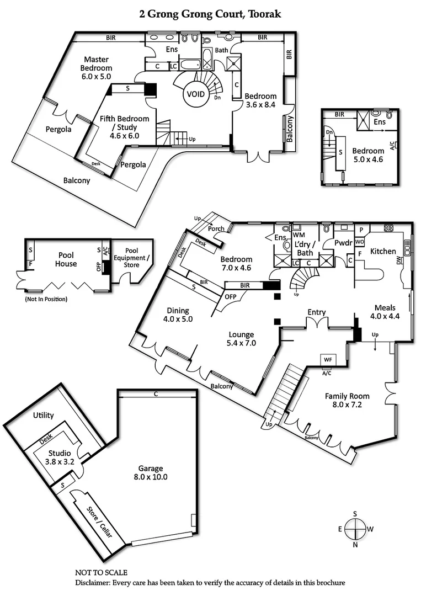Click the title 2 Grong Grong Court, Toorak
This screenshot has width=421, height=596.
(210, 14)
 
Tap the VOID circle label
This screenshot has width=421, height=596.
(195, 94)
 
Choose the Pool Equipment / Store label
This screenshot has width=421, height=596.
(131, 258)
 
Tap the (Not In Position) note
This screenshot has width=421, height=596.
(46, 299)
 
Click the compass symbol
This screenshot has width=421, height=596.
(355, 529)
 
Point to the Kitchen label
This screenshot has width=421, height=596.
(382, 251)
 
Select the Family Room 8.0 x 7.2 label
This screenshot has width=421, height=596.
(347, 401)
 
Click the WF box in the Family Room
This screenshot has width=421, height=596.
(328, 359)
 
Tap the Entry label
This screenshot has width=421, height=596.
(316, 312)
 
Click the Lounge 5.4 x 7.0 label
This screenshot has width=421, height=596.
(242, 339)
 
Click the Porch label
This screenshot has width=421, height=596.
(216, 228)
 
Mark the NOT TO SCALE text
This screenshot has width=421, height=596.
(101, 573)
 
